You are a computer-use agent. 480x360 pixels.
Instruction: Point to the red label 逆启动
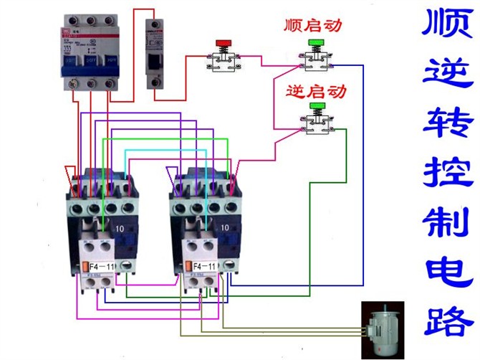click(315, 91)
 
